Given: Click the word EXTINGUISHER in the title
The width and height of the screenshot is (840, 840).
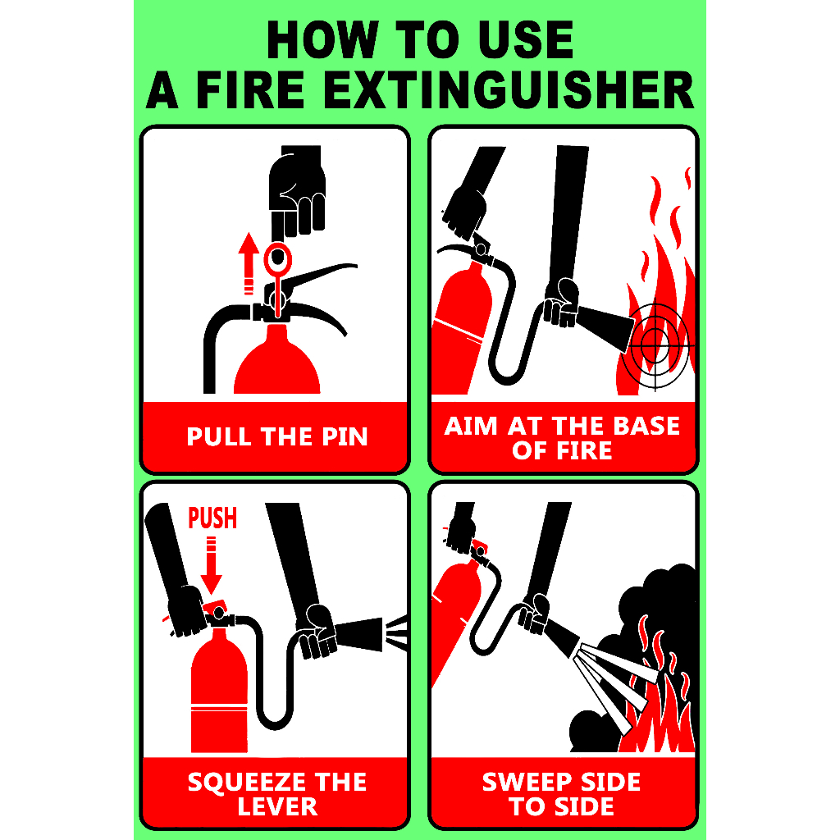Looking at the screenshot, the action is [x=509, y=89].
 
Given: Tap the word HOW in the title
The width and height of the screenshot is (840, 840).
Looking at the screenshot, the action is [x=322, y=39].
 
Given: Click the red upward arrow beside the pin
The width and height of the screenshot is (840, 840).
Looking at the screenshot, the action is [x=248, y=263].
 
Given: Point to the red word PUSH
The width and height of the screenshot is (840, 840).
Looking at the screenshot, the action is [x=212, y=518].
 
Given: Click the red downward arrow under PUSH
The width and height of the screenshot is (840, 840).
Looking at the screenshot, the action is [x=211, y=566].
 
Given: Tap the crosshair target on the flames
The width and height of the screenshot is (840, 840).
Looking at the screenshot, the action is [x=655, y=340].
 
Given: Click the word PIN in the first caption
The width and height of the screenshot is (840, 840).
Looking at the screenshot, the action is [x=345, y=436].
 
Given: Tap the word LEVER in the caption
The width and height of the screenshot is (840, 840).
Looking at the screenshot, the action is [x=277, y=807].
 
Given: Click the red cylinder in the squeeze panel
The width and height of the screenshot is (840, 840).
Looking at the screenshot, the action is [x=220, y=691].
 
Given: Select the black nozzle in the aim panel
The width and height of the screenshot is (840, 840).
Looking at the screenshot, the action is [x=605, y=326].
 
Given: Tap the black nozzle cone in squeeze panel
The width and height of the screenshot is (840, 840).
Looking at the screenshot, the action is [x=359, y=634].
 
